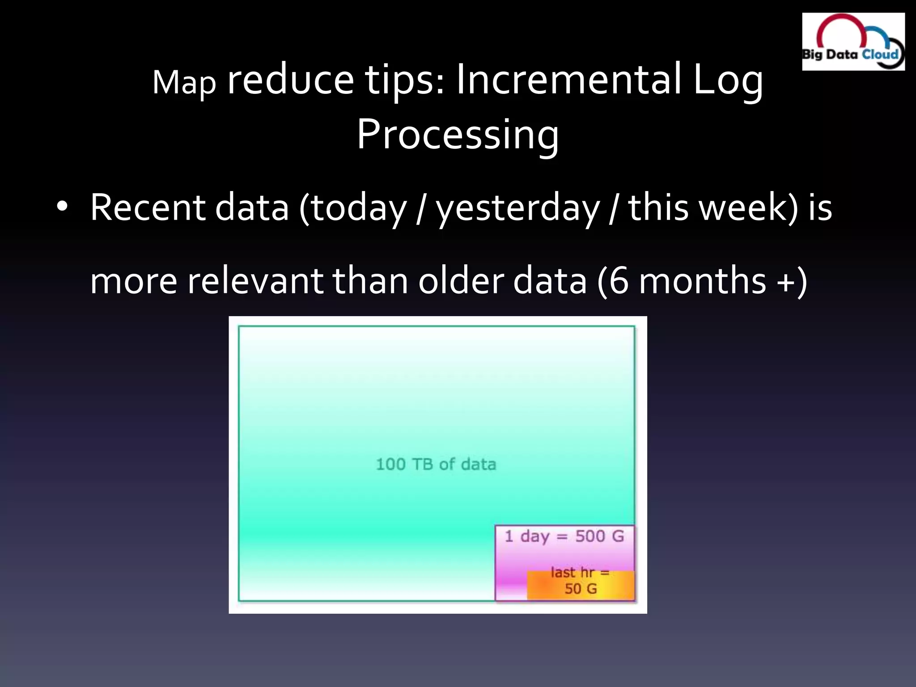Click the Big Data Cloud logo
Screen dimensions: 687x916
pyautogui.click(x=853, y=42)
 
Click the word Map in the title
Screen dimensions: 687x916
pyautogui.click(x=184, y=83)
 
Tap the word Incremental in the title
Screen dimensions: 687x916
pyautogui.click(x=568, y=80)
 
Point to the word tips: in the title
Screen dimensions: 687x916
pyautogui.click(x=405, y=80)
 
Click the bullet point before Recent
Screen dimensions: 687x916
pyautogui.click(x=62, y=207)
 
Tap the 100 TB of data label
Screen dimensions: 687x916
pyautogui.click(x=436, y=464)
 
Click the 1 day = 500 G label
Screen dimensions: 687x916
pyautogui.click(x=564, y=536)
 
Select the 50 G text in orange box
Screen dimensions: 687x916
pyautogui.click(x=581, y=589)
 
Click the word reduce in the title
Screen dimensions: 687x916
pyautogui.click(x=291, y=80)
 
